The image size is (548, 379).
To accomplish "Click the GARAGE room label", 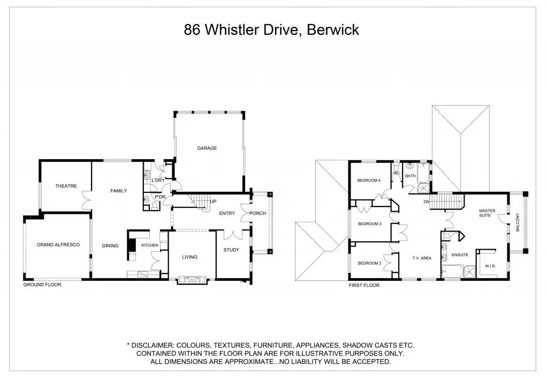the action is [x=207, y=148].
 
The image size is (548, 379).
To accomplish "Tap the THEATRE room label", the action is [x=66, y=186].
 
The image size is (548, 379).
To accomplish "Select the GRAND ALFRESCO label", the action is [x=58, y=244].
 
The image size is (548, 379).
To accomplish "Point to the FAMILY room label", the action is [x=118, y=190].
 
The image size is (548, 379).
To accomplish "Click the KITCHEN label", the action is [x=150, y=245].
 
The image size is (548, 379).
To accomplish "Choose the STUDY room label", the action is [x=232, y=250].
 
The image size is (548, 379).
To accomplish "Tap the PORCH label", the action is [x=257, y=213].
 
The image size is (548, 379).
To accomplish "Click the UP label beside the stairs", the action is [x=213, y=202].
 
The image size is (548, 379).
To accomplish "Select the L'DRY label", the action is [x=158, y=180].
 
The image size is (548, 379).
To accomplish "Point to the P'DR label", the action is [x=159, y=197].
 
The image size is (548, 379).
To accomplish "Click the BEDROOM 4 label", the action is [x=369, y=181].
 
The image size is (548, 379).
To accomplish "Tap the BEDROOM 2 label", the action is [x=369, y=263].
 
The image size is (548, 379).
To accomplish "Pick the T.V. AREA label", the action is [x=422, y=258].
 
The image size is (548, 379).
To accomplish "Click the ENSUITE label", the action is [x=460, y=255].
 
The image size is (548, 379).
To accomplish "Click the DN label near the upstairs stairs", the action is [x=427, y=202].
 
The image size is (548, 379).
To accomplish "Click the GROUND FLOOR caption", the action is [x=42, y=285].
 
